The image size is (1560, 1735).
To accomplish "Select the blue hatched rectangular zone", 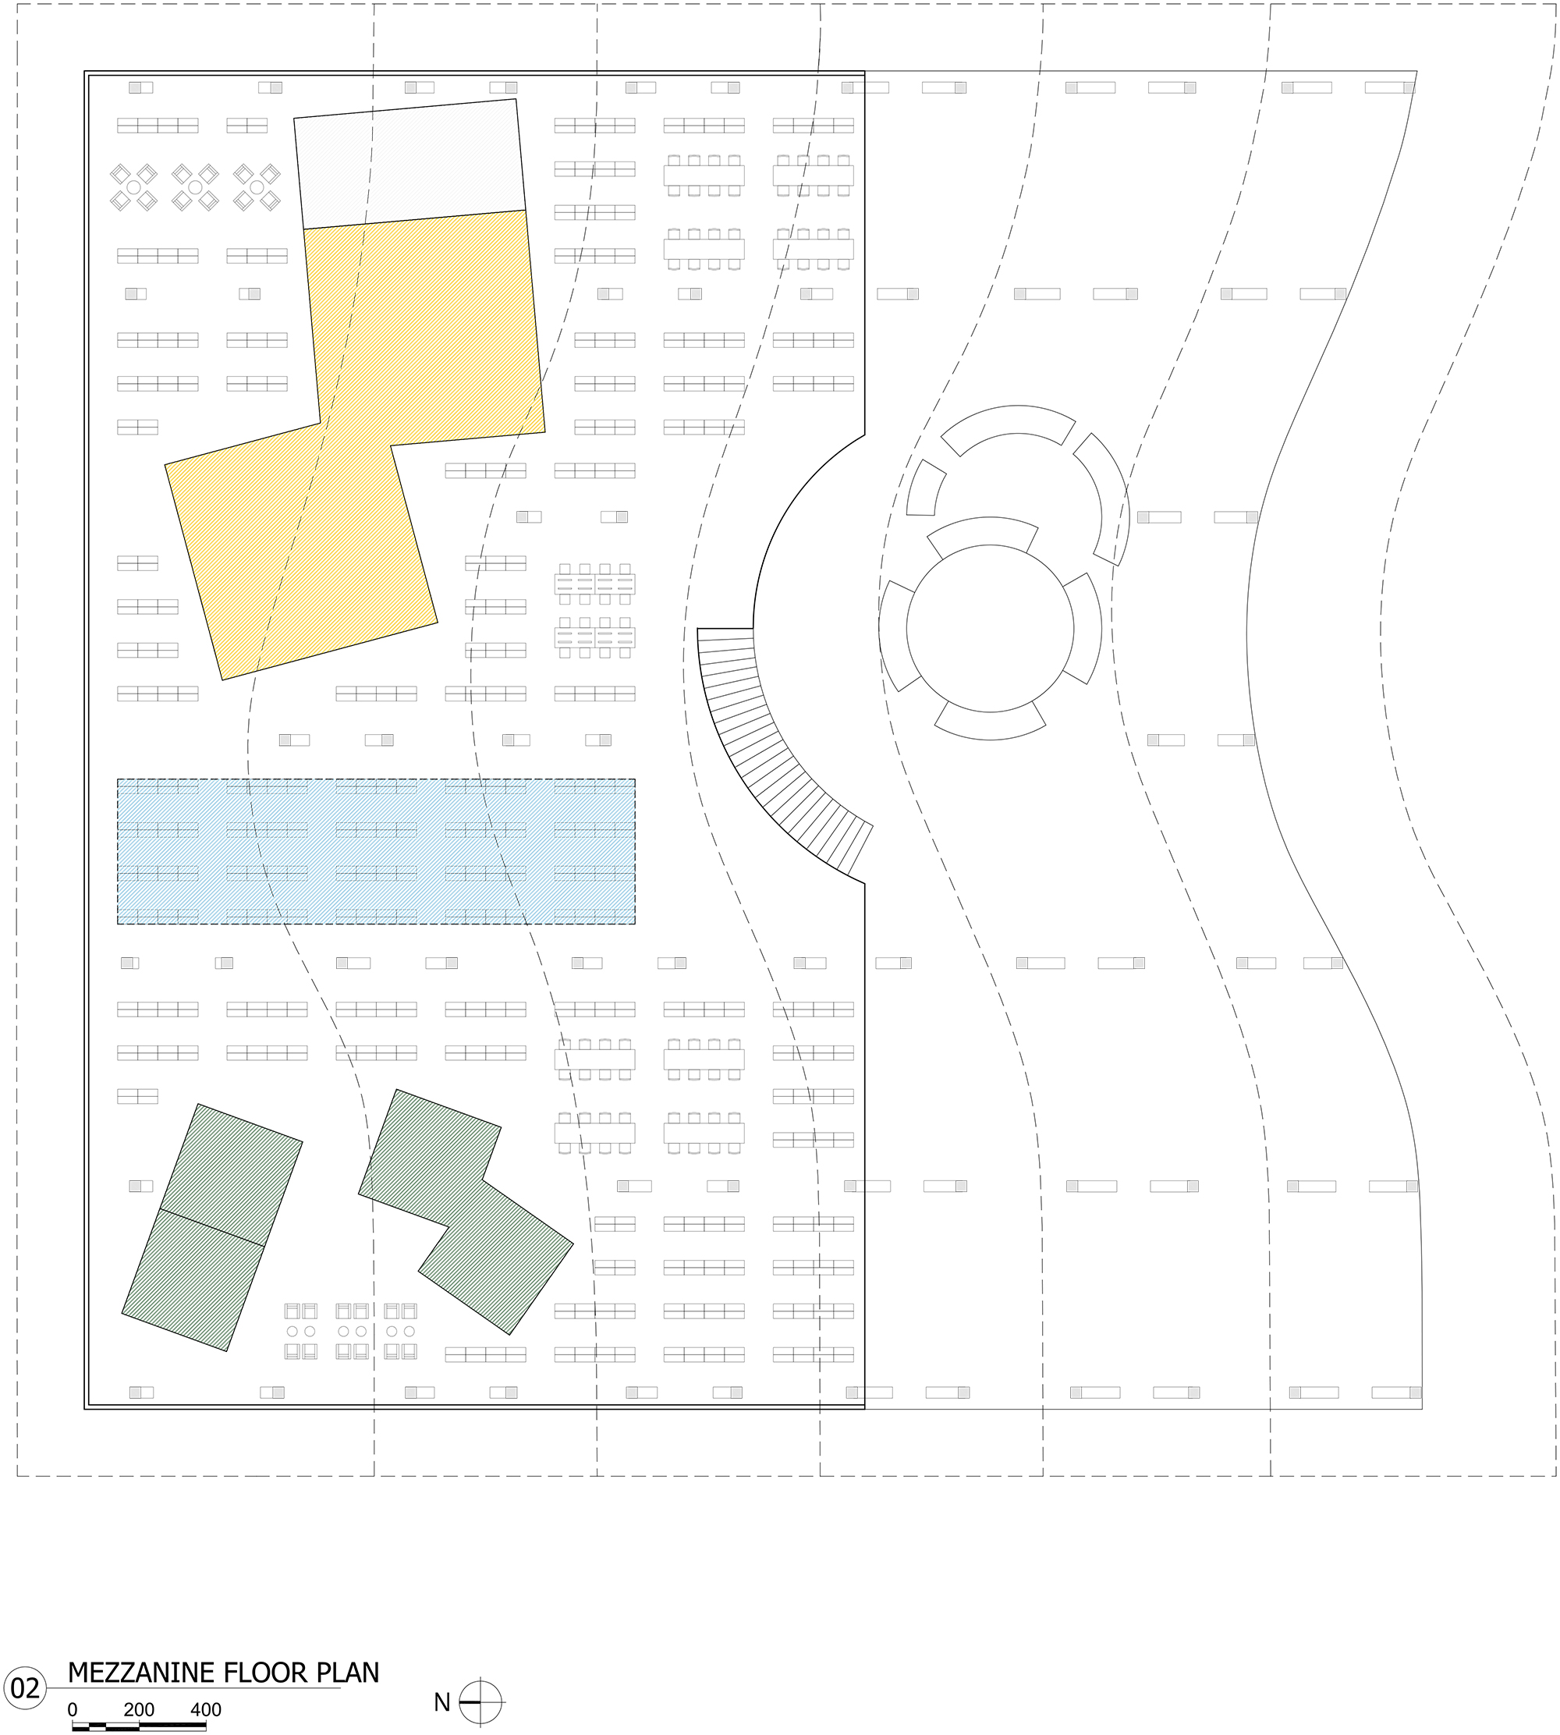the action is [376, 851].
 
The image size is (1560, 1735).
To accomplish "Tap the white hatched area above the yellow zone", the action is [409, 163].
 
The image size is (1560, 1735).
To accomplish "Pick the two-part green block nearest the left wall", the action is [213, 1228].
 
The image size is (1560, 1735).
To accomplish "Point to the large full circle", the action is [990, 628].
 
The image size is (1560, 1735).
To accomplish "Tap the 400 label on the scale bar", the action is [206, 1709].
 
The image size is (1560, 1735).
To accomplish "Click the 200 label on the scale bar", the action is [139, 1709].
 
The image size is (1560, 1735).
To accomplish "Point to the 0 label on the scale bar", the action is [73, 1709].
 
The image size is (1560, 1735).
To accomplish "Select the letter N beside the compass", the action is [442, 1702].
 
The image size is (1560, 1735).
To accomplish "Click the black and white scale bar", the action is [139, 1726].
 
